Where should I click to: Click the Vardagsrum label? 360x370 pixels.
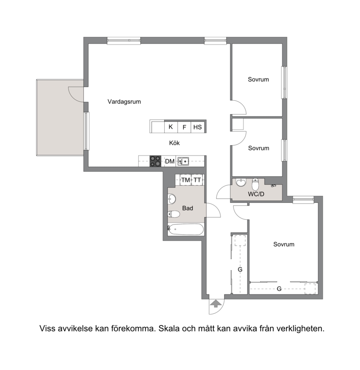(124, 102)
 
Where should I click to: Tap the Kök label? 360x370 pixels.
(174, 143)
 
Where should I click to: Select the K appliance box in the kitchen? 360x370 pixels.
(171, 127)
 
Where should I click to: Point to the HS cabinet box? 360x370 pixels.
(198, 127)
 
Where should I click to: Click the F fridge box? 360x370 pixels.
(184, 127)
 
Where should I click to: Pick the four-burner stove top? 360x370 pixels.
(155, 161)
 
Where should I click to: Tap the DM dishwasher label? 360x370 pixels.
(170, 162)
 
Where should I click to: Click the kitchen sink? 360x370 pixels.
(183, 161)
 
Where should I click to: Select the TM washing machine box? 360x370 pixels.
(185, 180)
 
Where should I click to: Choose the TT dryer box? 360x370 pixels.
(197, 180)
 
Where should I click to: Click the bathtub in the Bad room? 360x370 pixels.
(186, 229)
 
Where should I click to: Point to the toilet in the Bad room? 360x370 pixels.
(174, 214)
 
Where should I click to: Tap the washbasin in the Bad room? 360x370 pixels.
(172, 199)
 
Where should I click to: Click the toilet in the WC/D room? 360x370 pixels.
(255, 184)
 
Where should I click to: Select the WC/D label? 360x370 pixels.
(256, 194)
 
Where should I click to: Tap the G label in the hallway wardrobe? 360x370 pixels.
(240, 269)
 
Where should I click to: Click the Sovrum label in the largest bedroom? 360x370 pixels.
(283, 244)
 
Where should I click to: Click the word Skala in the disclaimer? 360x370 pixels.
(169, 329)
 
